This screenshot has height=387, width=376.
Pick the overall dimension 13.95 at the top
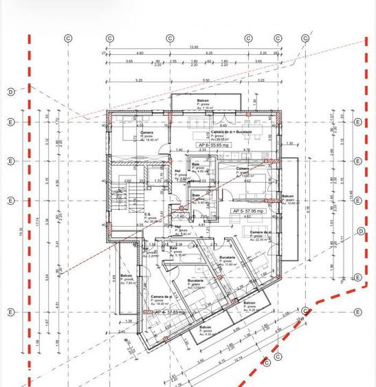click(x=194, y=47)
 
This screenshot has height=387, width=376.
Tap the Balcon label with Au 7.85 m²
click(x=126, y=279)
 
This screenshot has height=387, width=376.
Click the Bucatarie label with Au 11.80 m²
click(x=227, y=260)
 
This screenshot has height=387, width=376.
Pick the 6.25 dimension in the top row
click(x=208, y=53)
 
